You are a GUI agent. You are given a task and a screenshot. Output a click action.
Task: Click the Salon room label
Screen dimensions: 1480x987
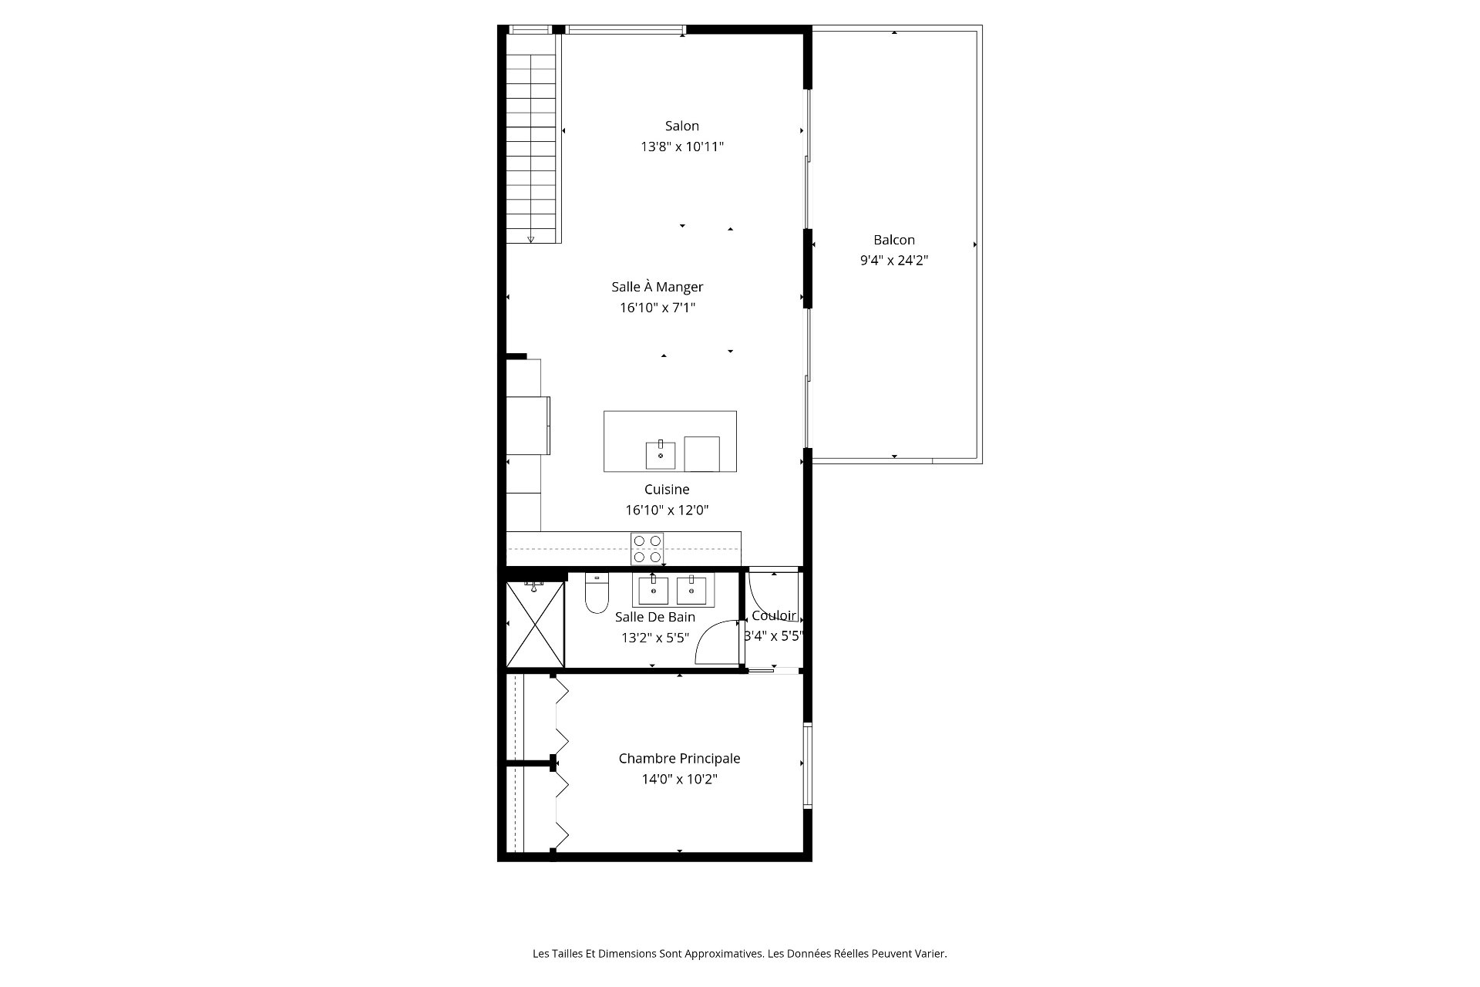click(x=682, y=126)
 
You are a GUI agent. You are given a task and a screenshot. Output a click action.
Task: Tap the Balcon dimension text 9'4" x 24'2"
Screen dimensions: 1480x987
click(x=894, y=261)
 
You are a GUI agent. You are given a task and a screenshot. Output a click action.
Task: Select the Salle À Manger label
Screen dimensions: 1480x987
click(x=658, y=287)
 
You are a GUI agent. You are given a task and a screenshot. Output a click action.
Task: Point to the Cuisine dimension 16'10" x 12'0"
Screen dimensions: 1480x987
click(x=667, y=510)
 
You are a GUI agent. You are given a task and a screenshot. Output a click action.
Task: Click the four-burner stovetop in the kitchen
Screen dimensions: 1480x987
click(x=647, y=548)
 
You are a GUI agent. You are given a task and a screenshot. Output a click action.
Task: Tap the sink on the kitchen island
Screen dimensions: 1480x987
click(x=661, y=456)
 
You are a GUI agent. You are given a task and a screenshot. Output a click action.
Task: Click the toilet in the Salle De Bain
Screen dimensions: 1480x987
click(x=597, y=593)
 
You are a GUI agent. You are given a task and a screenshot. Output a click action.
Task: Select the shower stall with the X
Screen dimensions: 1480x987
click(x=536, y=624)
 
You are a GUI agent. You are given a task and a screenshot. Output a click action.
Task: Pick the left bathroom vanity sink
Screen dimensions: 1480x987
click(x=654, y=591)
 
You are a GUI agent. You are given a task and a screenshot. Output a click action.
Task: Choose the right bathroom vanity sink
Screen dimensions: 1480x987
click(x=691, y=591)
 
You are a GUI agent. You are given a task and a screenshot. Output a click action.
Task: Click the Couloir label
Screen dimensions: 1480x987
click(x=774, y=615)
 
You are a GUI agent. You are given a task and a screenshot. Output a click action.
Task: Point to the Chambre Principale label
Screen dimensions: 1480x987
click(x=679, y=759)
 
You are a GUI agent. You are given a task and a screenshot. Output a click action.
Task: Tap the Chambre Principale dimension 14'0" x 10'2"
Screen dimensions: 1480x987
click(x=679, y=780)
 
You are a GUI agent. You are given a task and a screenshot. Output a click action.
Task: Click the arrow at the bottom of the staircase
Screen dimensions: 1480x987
click(x=530, y=239)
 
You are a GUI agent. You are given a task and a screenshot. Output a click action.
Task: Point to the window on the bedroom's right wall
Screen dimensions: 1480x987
click(x=807, y=765)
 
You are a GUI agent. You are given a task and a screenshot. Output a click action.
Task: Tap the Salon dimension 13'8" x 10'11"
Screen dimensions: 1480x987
click(x=682, y=147)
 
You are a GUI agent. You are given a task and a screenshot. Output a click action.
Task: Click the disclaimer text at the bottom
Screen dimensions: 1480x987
click(x=740, y=954)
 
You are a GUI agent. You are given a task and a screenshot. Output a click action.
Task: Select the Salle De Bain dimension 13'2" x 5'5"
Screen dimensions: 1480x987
click(x=655, y=638)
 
